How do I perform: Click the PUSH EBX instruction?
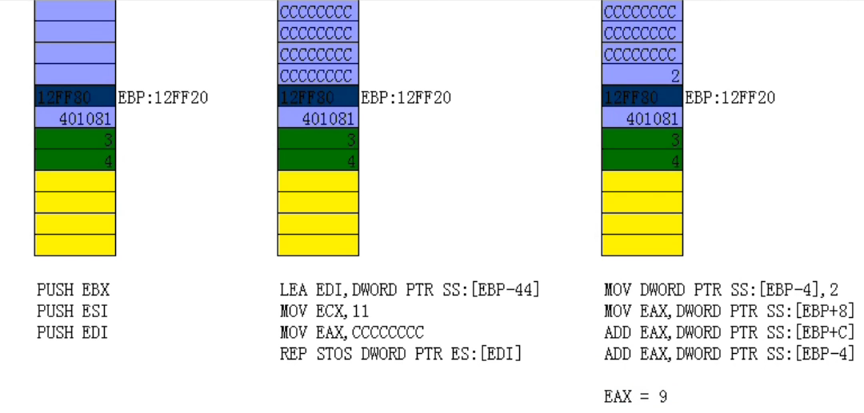pos(73,289)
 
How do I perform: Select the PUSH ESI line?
pos(73,311)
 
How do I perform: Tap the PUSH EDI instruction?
pos(73,332)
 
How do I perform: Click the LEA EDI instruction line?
pos(410,289)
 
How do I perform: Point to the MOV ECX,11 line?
pos(325,311)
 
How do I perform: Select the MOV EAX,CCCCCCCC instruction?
pos(352,332)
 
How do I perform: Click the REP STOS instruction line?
pos(400,353)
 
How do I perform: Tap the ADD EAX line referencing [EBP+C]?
pos(729,332)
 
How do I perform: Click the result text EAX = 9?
pos(636,396)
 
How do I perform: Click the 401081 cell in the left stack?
pos(75,118)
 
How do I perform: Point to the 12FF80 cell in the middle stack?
pos(318,97)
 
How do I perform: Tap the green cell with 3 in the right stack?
pos(642,140)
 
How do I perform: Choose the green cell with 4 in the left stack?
pos(75,161)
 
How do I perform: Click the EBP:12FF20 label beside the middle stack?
pos(406,97)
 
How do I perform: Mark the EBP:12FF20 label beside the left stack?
pos(163,97)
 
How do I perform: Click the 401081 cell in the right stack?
pos(642,118)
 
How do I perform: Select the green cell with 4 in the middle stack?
pos(318,161)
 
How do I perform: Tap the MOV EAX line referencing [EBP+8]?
pos(729,311)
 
